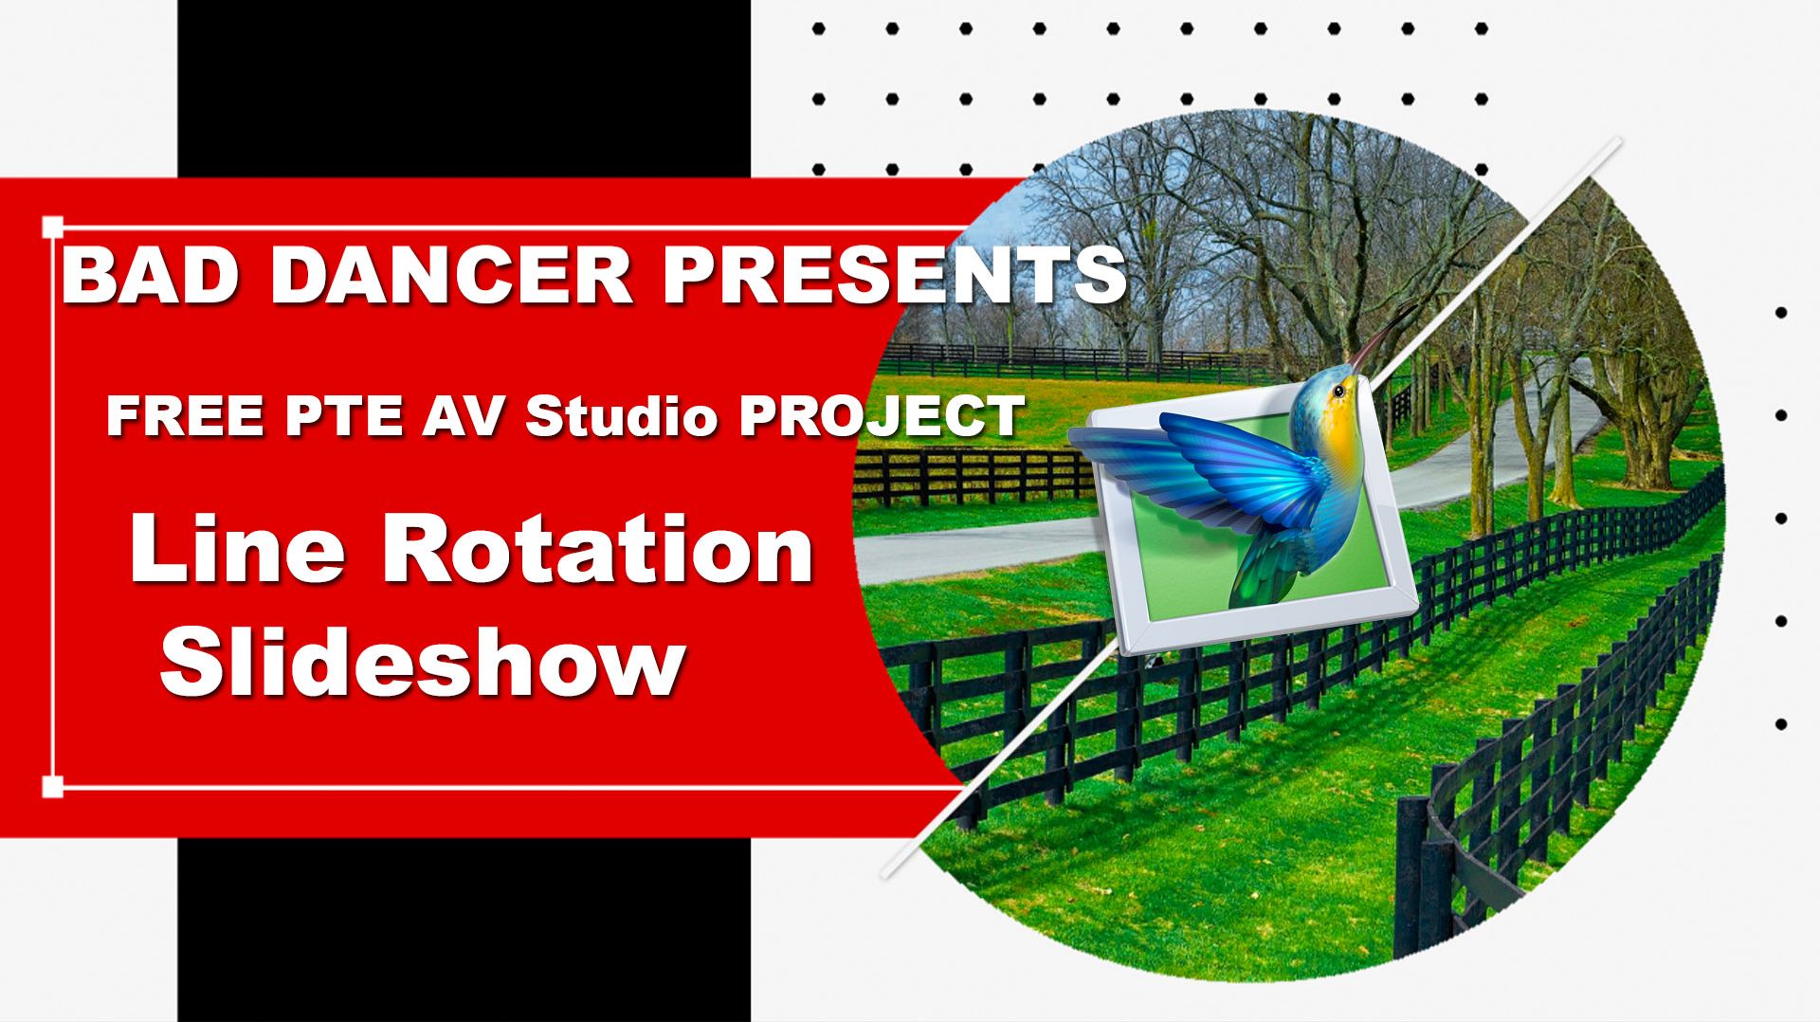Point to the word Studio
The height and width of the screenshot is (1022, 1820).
coord(621,415)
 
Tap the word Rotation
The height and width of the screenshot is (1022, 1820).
coord(597,552)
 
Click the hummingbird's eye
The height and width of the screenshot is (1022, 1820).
coord(1338,389)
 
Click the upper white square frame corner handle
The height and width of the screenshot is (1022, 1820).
coord(53,228)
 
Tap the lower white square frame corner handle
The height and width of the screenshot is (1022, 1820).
coord(53,786)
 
